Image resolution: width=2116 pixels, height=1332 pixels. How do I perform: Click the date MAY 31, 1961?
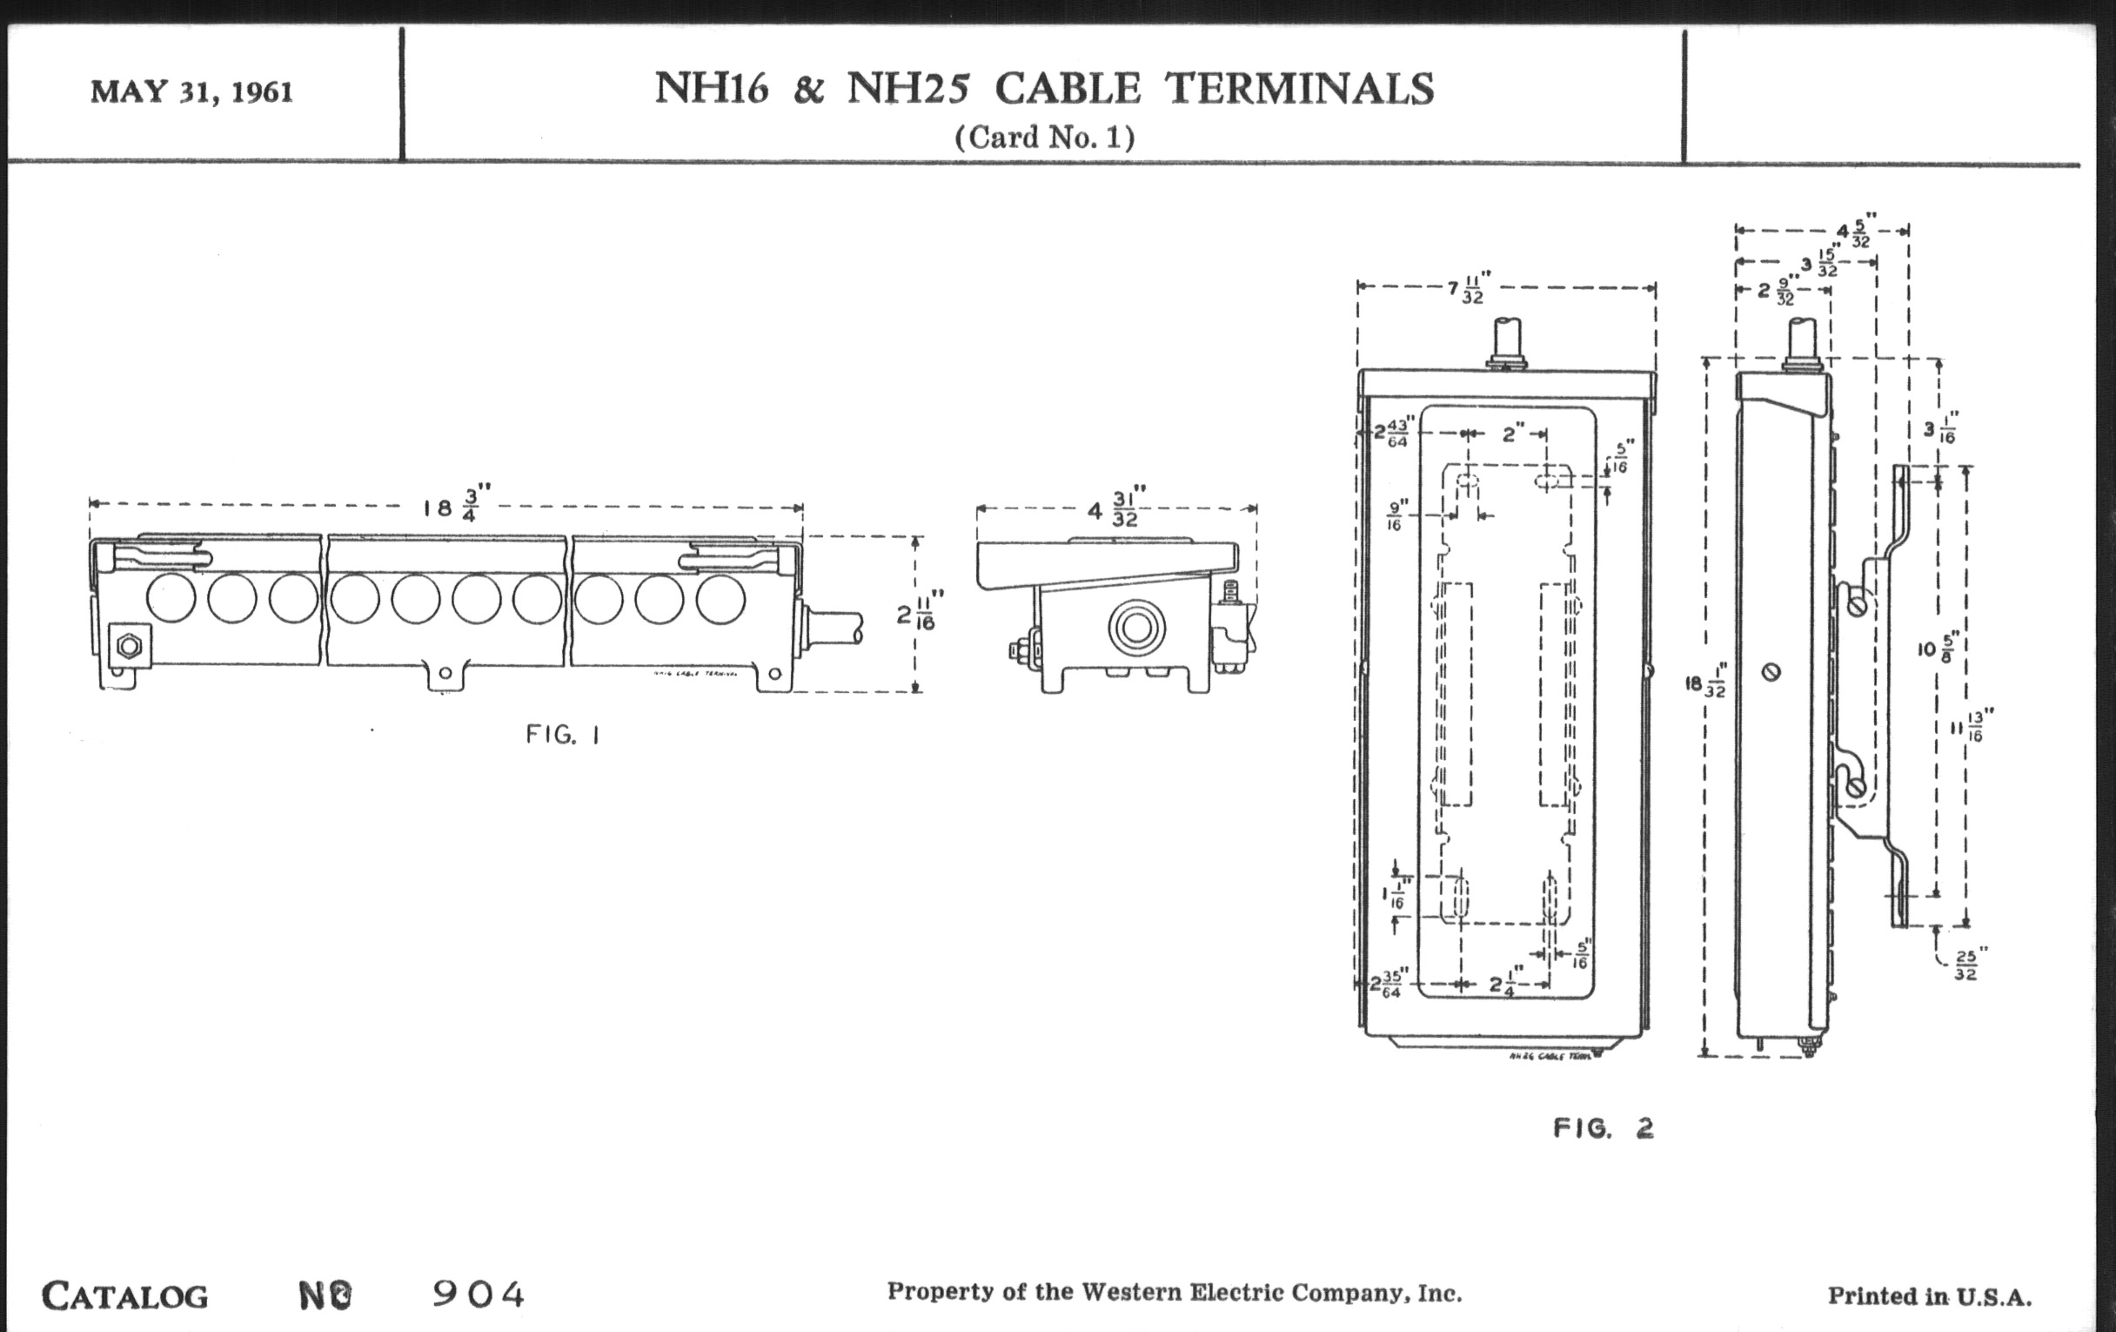point(191,92)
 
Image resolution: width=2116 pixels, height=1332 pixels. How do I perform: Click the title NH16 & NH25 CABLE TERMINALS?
point(1044,89)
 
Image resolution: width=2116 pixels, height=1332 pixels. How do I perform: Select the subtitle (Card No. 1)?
point(1044,138)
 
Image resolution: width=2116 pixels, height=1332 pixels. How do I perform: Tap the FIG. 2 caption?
point(1603,1129)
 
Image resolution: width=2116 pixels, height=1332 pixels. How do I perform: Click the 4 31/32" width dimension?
point(1113,508)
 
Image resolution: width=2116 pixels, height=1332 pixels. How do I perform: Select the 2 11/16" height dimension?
point(919,613)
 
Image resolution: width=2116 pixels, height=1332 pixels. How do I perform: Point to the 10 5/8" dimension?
point(1936,649)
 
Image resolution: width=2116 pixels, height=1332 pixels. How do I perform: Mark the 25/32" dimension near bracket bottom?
point(1965,965)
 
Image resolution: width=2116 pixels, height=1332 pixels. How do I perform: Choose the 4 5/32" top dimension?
point(1852,232)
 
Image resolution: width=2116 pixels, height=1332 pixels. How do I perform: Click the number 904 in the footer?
point(478,1295)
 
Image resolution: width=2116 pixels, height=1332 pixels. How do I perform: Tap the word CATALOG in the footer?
point(124,1296)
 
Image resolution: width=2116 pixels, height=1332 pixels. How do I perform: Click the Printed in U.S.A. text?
point(1930,1297)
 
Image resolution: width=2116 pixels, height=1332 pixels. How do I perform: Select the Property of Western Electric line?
point(1174,1293)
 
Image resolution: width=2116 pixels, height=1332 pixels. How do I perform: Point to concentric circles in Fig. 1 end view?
point(1136,628)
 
